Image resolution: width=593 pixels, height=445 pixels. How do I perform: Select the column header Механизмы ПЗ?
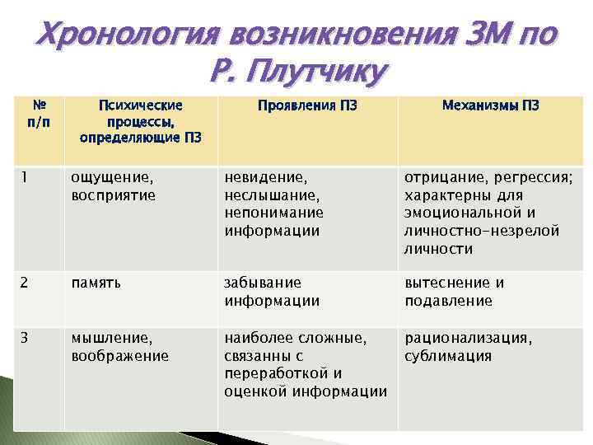tap(491, 105)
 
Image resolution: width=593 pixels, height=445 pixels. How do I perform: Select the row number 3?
tap(26, 338)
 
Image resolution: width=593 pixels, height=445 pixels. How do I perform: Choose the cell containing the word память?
tap(96, 283)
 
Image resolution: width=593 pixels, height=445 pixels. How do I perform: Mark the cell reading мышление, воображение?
tap(119, 347)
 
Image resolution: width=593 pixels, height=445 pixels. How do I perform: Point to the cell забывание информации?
tap(272, 292)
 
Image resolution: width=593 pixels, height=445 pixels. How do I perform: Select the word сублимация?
tap(448, 356)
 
